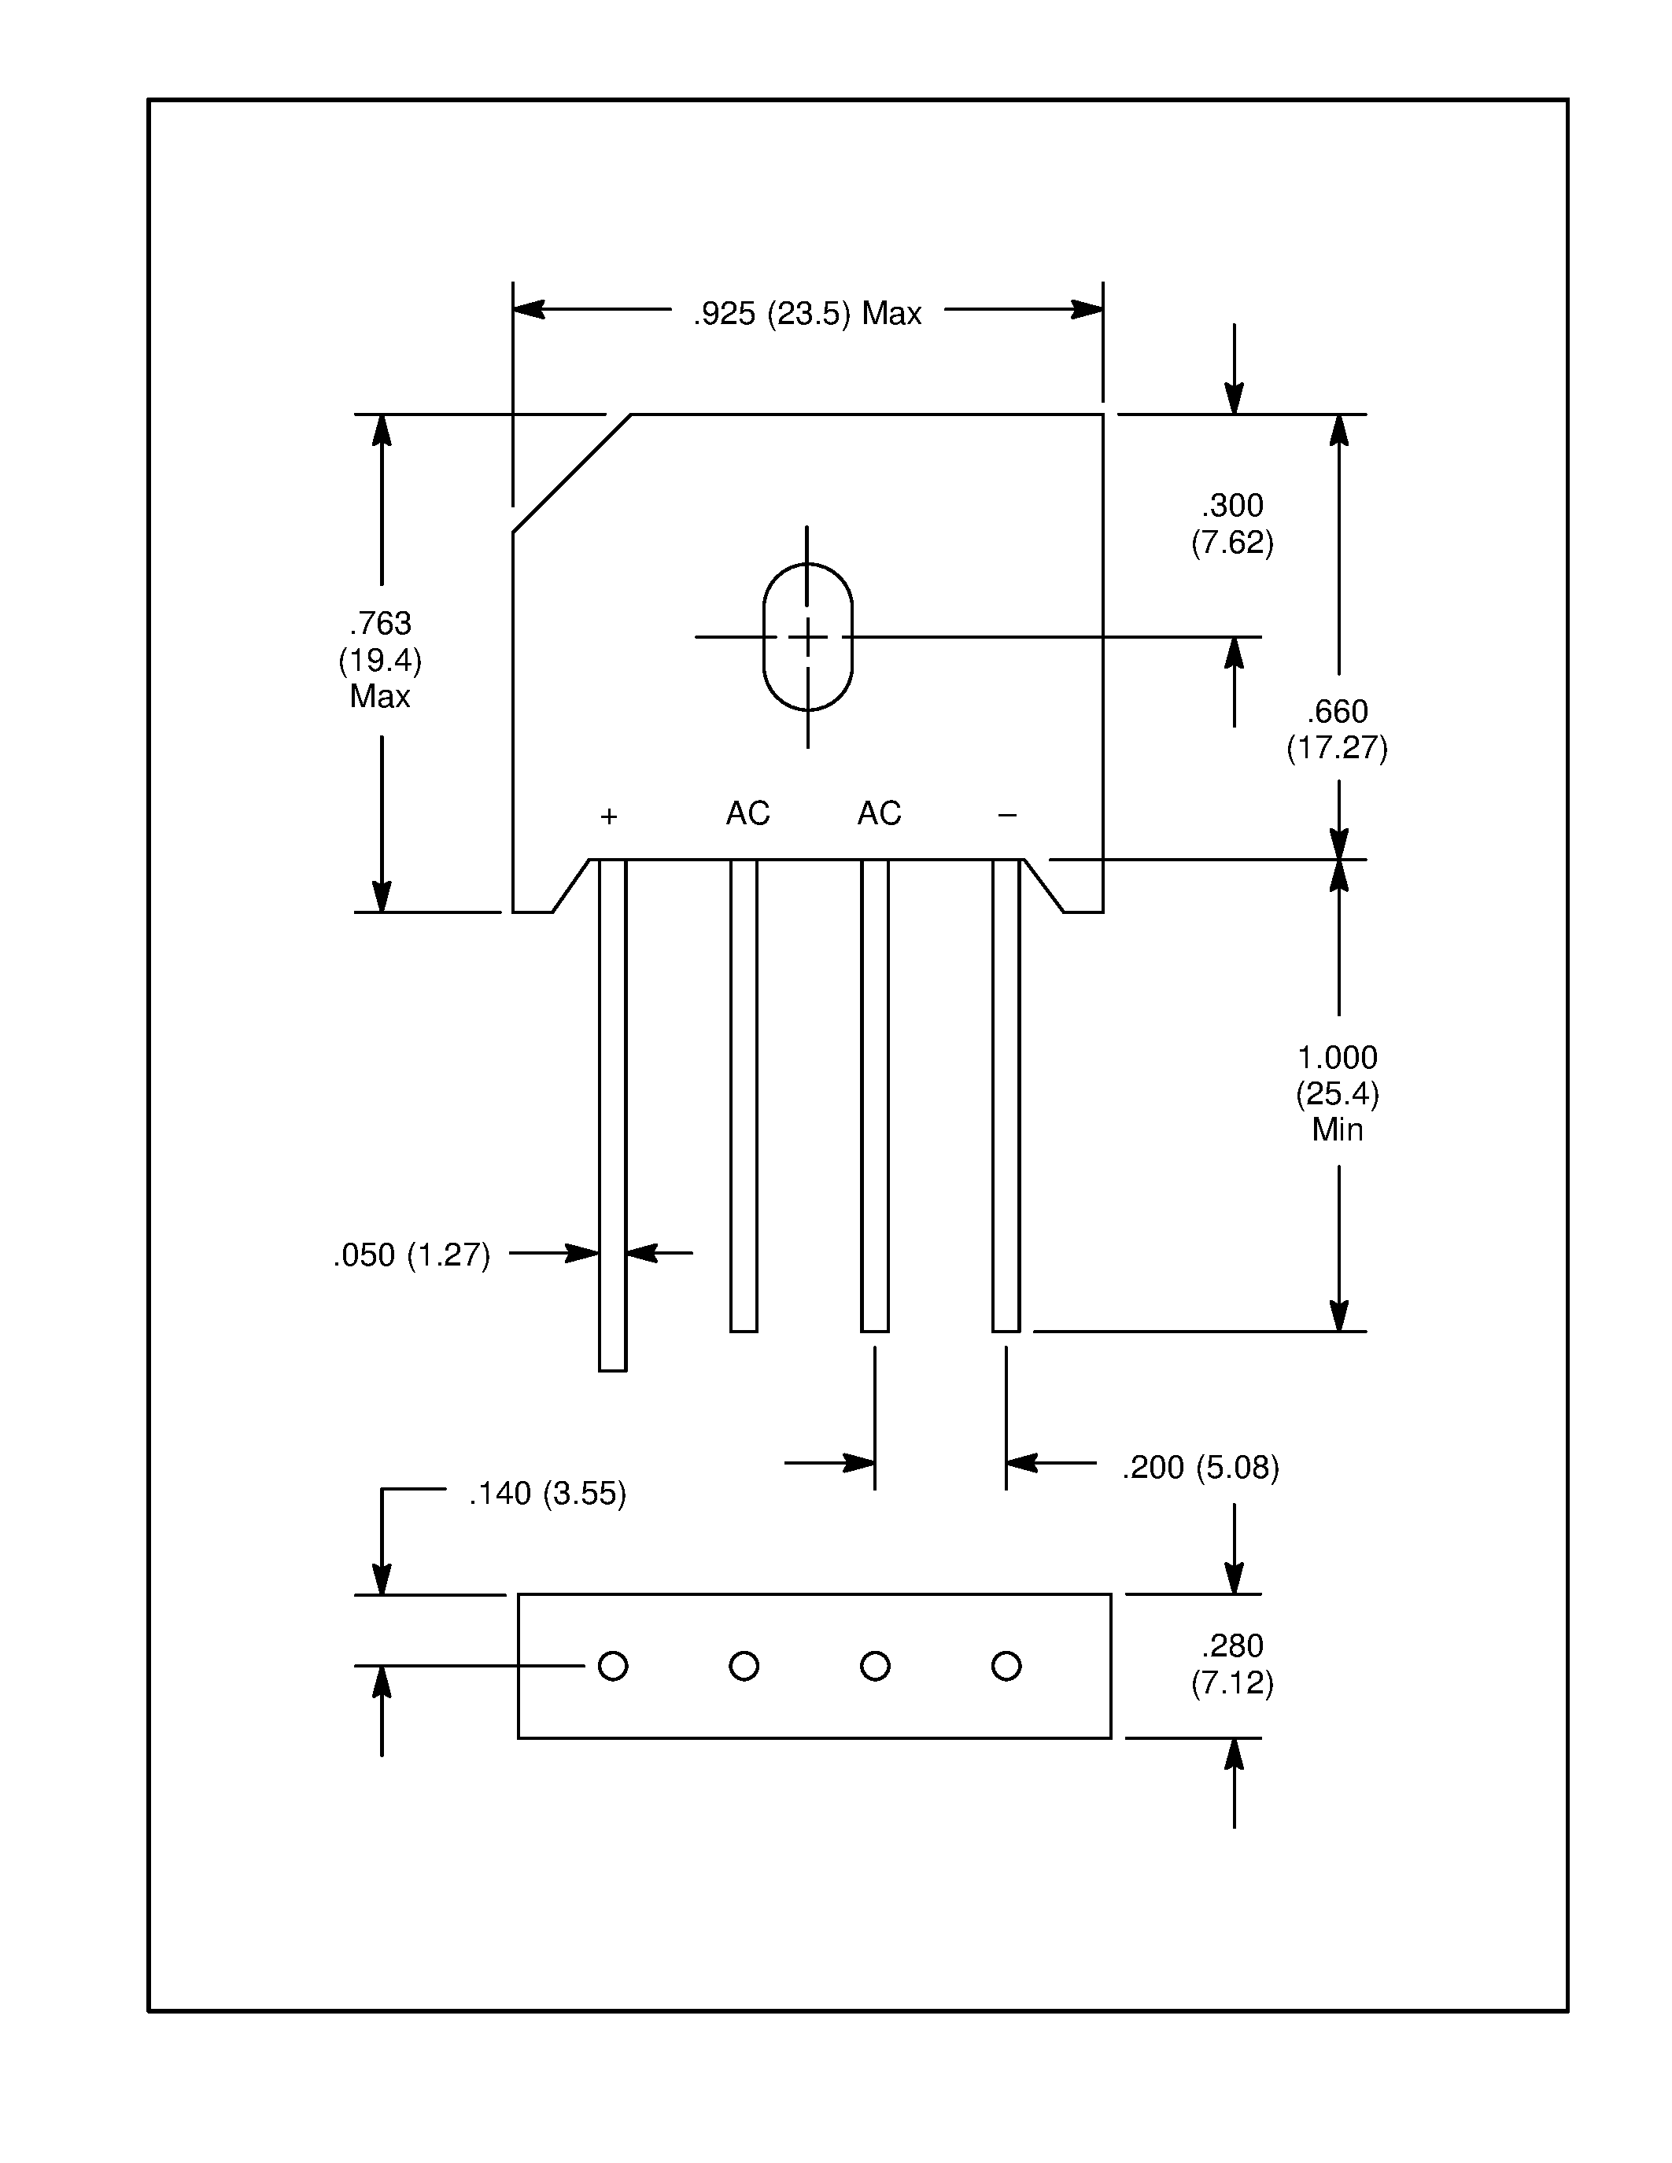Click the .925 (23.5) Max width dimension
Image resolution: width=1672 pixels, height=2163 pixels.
pos(806,314)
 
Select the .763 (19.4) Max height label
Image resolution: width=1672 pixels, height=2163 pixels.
pos(380,660)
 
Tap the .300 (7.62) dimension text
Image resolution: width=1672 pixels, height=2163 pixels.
pos(1232,524)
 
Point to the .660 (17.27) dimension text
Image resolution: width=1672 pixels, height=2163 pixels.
pos(1337,729)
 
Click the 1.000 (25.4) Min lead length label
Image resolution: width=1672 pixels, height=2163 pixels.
pos(1337,1093)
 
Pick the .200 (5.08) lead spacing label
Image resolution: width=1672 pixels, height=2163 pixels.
pos(1201,1468)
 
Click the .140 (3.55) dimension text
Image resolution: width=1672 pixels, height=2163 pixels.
pos(548,1494)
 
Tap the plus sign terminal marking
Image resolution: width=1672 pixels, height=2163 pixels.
pos(609,816)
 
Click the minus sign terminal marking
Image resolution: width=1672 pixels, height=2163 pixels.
pos(1007,815)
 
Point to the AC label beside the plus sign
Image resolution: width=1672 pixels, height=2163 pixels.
pos(747,813)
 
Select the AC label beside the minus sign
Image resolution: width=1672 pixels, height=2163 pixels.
pos(880,813)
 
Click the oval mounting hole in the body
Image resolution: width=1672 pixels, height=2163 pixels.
pos(807,637)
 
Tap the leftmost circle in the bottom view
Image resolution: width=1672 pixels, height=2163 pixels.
pos(613,1666)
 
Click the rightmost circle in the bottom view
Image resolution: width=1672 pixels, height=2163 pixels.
pos(1006,1666)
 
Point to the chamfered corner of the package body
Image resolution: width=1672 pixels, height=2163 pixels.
pos(571,474)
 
